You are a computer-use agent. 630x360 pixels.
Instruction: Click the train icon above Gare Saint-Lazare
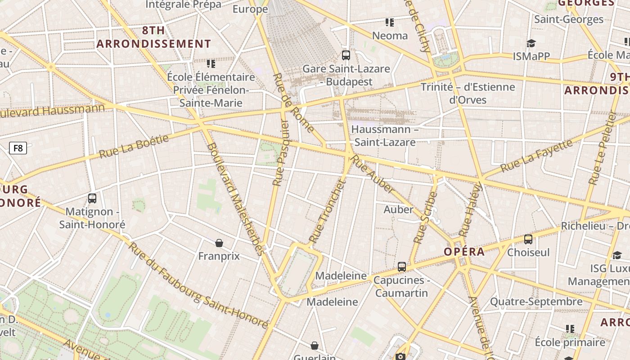[346, 55]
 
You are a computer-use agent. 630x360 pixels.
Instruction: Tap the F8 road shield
[18, 148]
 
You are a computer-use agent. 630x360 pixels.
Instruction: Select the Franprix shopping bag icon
[219, 243]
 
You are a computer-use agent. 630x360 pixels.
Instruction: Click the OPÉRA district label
[464, 252]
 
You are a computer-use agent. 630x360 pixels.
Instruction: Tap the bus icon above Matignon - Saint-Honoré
[92, 198]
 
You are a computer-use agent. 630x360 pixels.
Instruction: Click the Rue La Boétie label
[134, 146]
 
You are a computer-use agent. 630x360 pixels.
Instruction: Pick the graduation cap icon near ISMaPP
[531, 43]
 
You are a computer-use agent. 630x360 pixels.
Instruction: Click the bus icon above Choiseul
[528, 239]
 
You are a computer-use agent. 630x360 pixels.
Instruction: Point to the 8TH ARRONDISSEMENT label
[153, 37]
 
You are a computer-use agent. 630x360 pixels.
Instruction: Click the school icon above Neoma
[390, 22]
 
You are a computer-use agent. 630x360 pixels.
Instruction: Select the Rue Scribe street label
[425, 218]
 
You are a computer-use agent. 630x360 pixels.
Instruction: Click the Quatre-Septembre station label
[536, 301]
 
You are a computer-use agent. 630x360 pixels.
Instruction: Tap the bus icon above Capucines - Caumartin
[402, 267]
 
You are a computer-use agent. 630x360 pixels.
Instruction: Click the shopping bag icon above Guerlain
[315, 346]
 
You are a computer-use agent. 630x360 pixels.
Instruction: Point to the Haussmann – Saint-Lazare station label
[384, 135]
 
